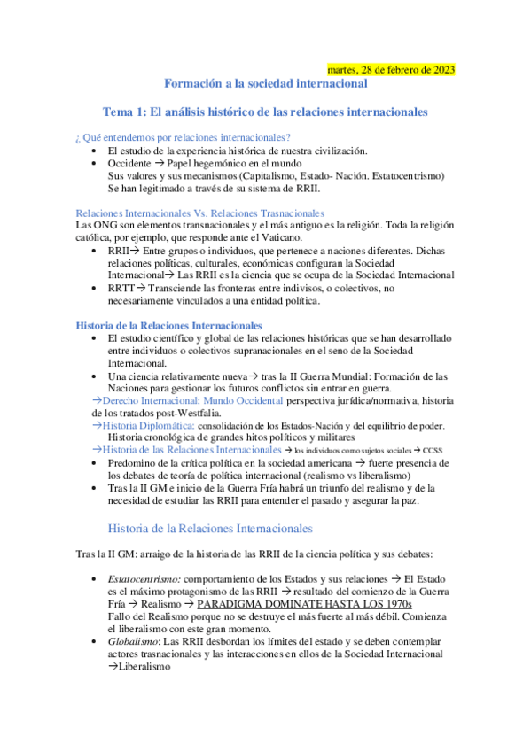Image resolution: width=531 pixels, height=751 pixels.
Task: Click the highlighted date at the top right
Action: (391, 70)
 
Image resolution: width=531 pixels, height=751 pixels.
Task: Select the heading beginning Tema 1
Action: (266, 113)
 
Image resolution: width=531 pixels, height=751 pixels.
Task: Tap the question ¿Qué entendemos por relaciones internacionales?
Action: (184, 137)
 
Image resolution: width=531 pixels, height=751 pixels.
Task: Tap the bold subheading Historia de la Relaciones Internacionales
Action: (168, 326)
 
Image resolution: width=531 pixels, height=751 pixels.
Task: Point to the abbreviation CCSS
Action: (433, 451)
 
